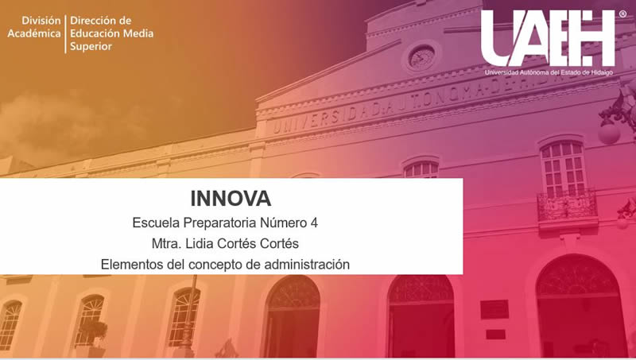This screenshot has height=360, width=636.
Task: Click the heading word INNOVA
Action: coord(231,199)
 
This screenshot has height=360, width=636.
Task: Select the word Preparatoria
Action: coord(220,223)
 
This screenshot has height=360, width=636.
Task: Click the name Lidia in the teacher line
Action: coord(200,244)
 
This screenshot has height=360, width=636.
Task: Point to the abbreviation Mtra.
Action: coord(166,244)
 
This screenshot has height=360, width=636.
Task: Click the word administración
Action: coord(307,265)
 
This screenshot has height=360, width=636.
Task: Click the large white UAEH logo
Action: coord(549,38)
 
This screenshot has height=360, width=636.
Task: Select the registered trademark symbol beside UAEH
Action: coord(622,14)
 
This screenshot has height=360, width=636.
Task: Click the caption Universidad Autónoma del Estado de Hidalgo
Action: coord(549,72)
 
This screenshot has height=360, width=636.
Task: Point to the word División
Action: coord(41,21)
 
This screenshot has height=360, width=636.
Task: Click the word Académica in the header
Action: coord(34,33)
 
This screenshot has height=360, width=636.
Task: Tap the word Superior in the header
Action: coord(91,46)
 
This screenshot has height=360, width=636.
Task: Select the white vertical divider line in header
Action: coord(65,34)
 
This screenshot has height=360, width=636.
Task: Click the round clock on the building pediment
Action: coord(421,57)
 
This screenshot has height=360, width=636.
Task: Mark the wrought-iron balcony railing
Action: coord(567,206)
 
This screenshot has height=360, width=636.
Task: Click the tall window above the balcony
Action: coord(564,168)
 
